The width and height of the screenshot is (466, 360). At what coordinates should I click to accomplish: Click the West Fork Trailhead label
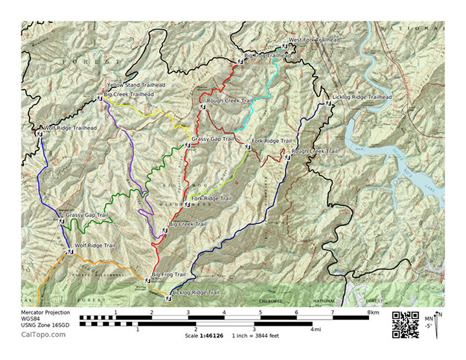314,40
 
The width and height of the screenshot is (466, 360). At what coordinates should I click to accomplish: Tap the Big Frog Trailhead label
267,56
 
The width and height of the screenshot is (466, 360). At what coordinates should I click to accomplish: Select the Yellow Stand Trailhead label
136,85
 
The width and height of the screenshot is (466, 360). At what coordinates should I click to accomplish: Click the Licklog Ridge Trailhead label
362,97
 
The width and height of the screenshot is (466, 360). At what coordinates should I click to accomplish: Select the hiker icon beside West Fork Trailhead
284,46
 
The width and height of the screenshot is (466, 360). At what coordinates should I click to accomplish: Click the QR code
405,324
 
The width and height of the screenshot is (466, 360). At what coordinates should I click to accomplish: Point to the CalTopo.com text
43,334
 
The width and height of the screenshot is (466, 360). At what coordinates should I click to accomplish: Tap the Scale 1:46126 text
205,335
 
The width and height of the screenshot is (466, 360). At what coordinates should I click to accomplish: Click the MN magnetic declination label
429,319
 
